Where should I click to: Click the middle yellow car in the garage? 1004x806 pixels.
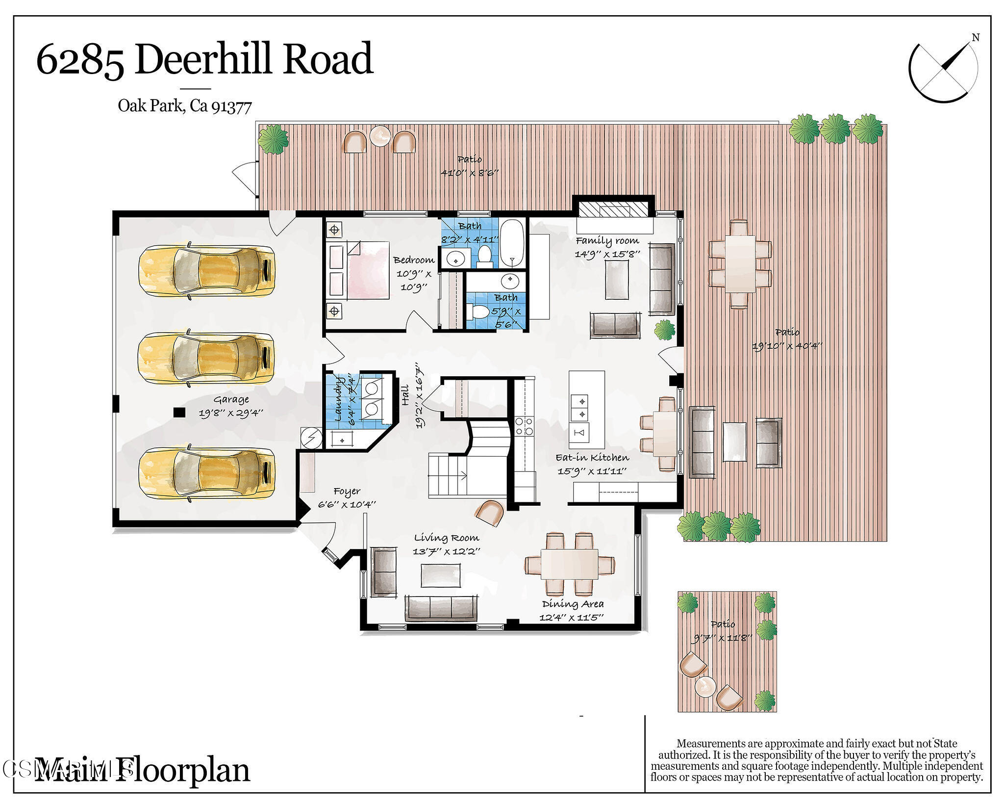click(206, 358)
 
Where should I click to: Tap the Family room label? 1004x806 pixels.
click(607, 241)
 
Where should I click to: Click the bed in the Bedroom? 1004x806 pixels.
click(367, 270)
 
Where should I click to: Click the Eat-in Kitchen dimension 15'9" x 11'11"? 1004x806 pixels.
click(592, 471)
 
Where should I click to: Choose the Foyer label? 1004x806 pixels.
click(347, 491)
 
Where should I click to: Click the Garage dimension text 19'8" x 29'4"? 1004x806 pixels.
click(231, 413)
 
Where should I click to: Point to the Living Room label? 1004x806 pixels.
click(446, 538)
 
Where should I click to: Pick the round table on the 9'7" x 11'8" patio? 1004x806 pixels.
click(706, 685)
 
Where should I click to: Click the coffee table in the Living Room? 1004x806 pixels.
click(441, 575)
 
